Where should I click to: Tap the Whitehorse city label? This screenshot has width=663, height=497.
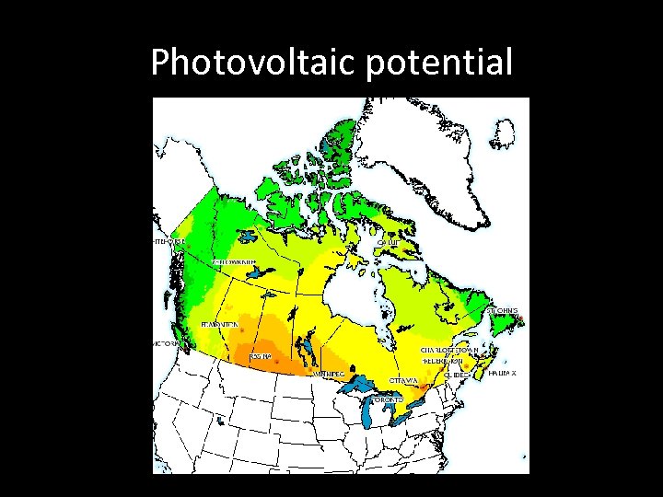(x=169, y=242)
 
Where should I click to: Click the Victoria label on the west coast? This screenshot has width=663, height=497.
(x=166, y=343)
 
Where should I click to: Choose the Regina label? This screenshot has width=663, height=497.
(x=260, y=357)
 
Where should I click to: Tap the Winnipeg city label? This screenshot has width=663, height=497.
(x=328, y=375)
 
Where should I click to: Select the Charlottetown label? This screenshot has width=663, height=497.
(x=449, y=350)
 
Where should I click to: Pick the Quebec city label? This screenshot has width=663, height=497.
(x=453, y=375)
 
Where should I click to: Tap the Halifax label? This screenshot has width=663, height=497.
(x=503, y=373)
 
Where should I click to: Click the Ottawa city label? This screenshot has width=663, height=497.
(x=404, y=379)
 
